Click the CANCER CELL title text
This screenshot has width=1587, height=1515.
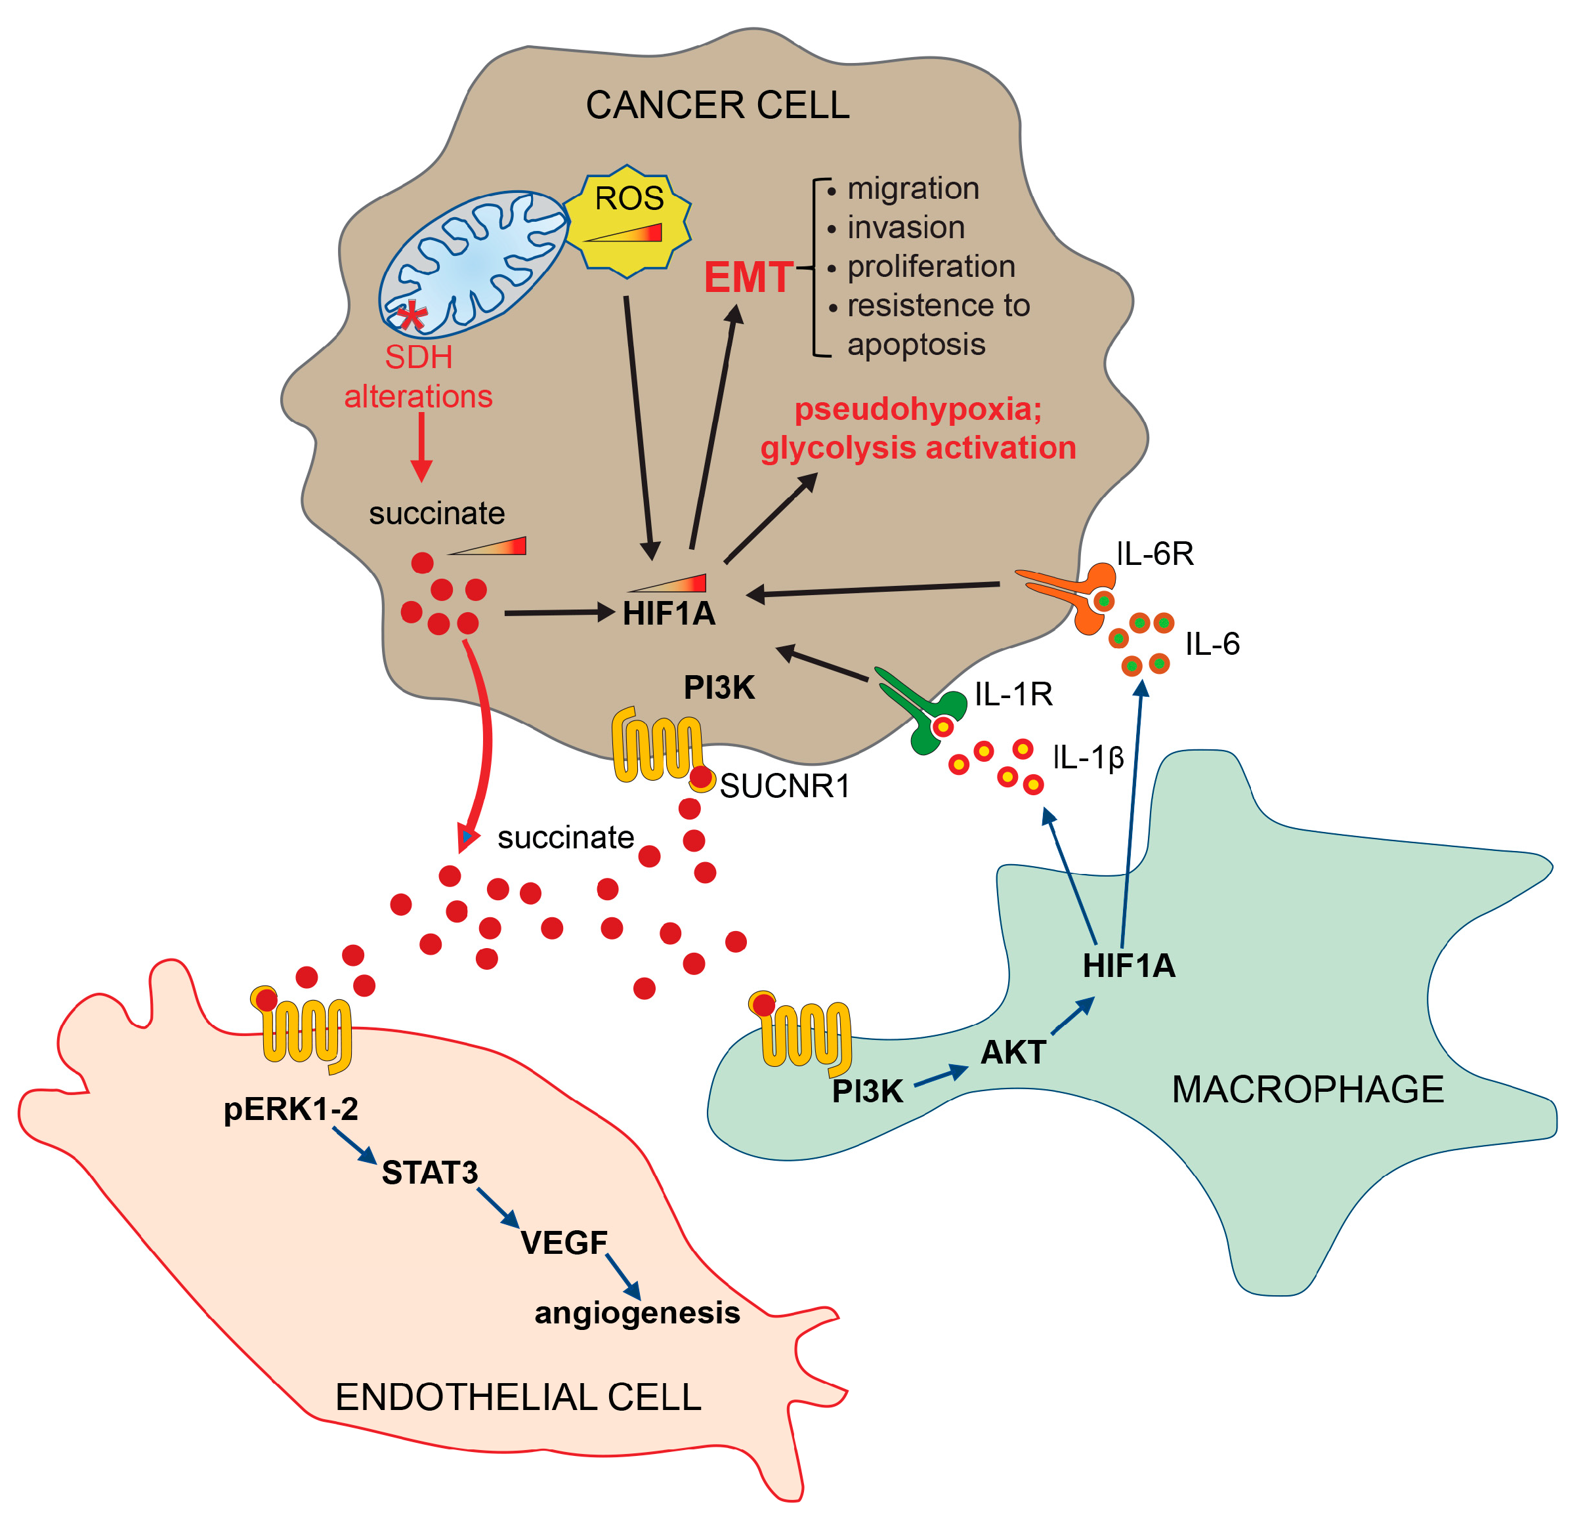pyautogui.click(x=717, y=105)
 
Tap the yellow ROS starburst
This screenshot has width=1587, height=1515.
pyautogui.click(x=627, y=220)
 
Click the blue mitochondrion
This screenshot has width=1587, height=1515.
pyautogui.click(x=474, y=263)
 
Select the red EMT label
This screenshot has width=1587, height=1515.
pyautogui.click(x=748, y=278)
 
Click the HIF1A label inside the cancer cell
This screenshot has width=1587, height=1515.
pyautogui.click(x=669, y=613)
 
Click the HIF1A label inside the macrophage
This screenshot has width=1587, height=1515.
pyautogui.click(x=1128, y=966)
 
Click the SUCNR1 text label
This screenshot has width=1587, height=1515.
pyautogui.click(x=785, y=787)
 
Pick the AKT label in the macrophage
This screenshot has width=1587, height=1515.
pyautogui.click(x=1013, y=1053)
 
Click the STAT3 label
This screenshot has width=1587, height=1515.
pyautogui.click(x=430, y=1173)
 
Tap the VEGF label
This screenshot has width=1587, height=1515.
pyautogui.click(x=564, y=1243)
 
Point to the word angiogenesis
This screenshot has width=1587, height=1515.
pyautogui.click(x=637, y=1313)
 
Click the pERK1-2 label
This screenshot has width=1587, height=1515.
pyautogui.click(x=291, y=1110)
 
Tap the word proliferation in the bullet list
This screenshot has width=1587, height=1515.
pyautogui.click(x=931, y=266)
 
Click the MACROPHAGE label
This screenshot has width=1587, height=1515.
pyautogui.click(x=1307, y=1090)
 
